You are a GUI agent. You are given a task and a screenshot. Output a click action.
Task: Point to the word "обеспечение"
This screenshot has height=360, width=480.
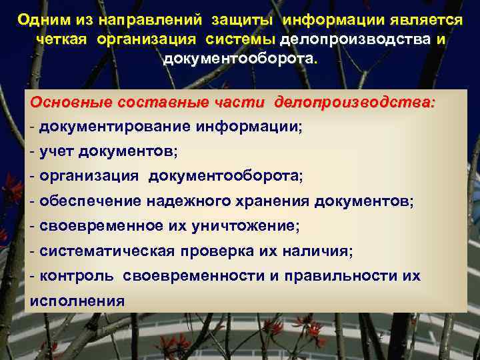(x=85, y=201)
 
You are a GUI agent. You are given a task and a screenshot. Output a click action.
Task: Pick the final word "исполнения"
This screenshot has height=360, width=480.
(x=77, y=300)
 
